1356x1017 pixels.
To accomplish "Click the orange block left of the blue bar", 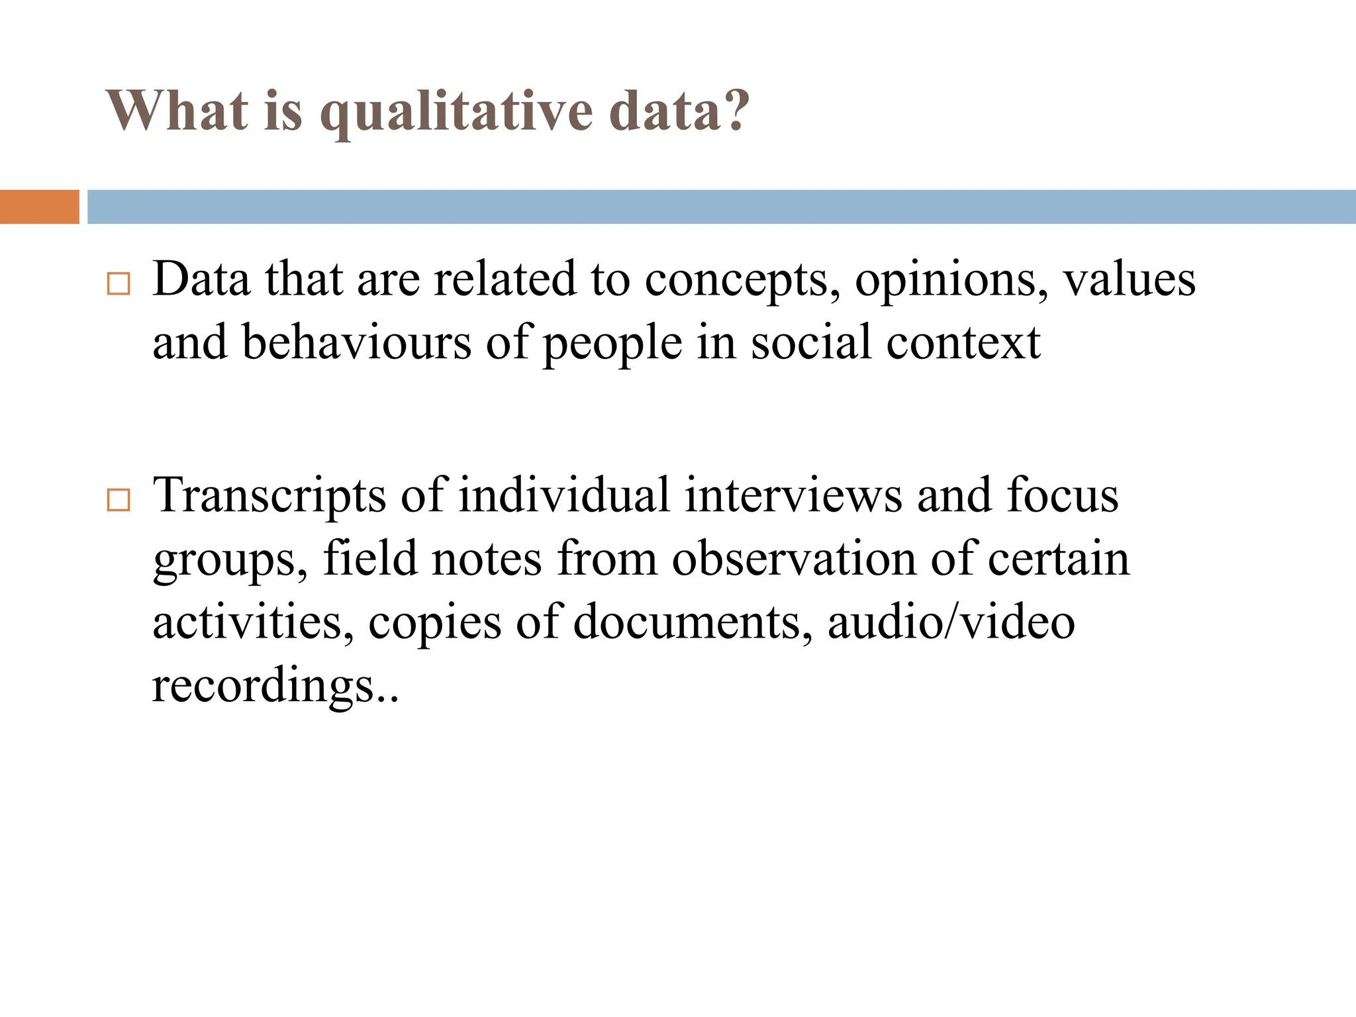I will [39, 207].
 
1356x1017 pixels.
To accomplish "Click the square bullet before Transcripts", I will [119, 500].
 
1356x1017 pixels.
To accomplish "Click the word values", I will [1130, 279].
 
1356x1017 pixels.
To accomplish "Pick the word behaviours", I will [357, 343].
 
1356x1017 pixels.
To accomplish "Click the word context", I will [963, 343].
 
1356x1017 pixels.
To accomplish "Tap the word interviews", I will [793, 495].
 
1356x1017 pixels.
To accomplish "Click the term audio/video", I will [951, 622].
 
